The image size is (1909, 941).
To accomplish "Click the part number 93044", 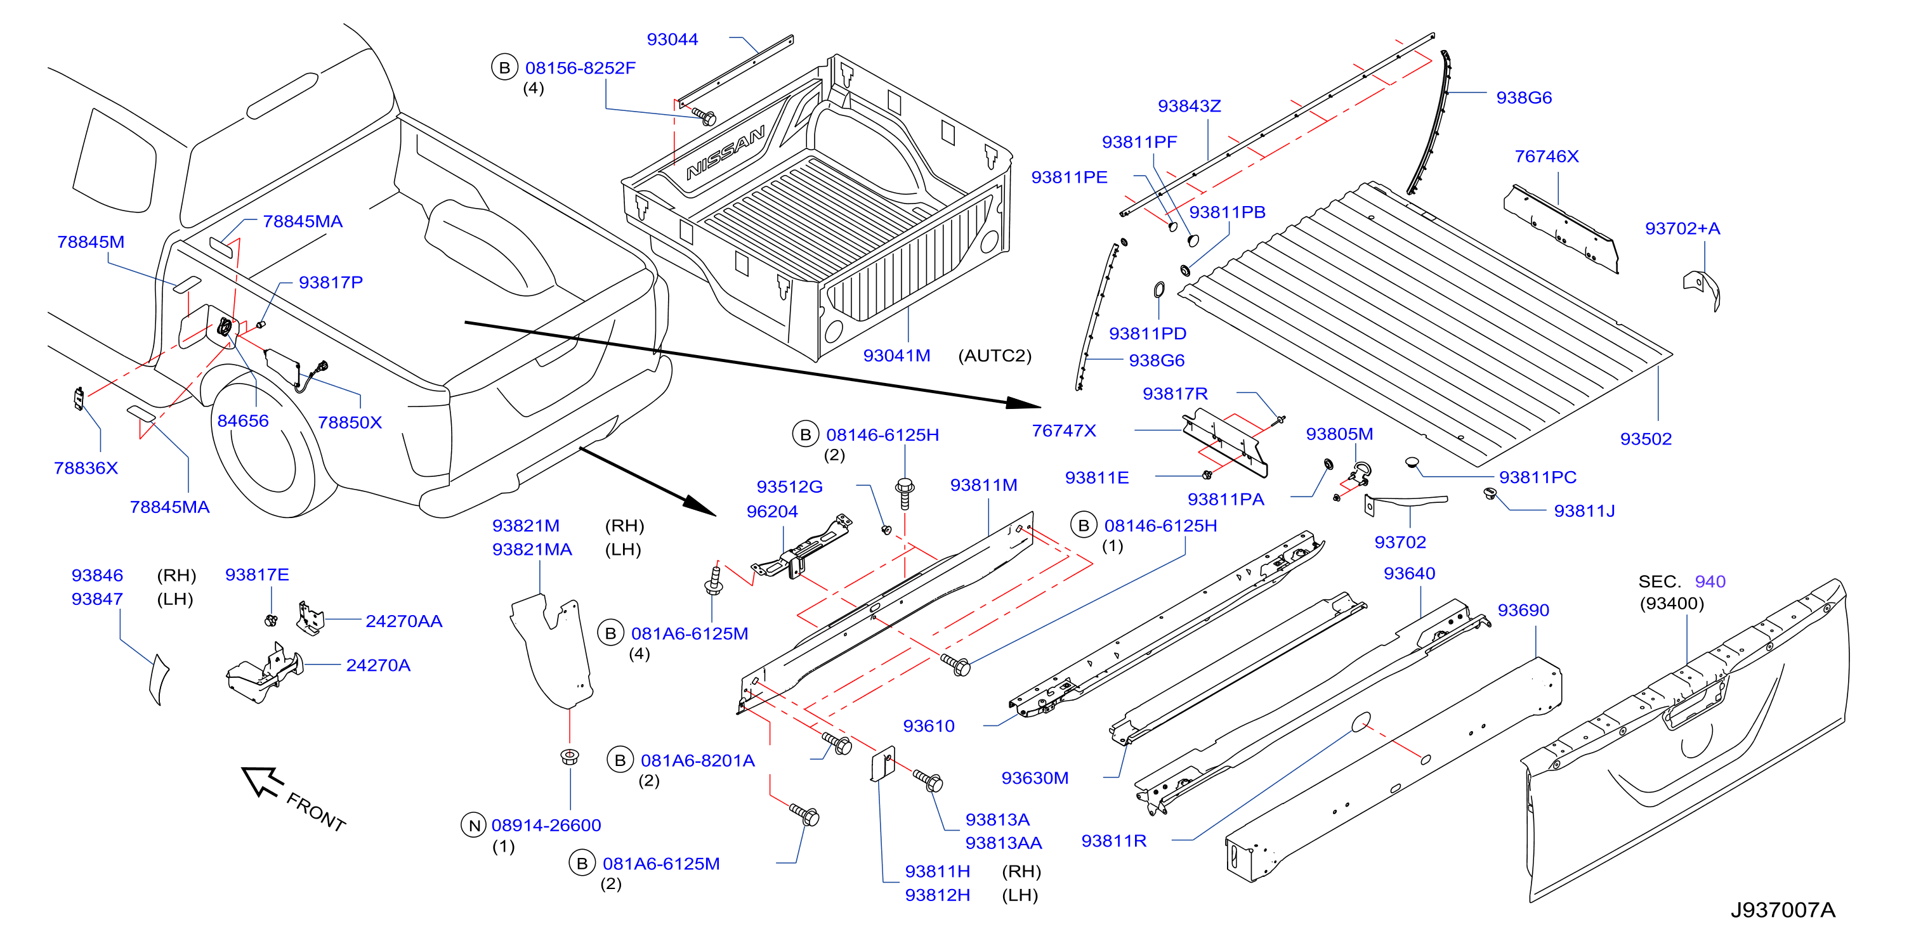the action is tap(672, 39).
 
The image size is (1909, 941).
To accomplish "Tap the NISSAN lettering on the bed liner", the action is tap(726, 153).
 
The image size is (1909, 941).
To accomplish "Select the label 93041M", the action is tap(896, 356).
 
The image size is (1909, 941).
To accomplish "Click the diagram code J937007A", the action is tap(1782, 910).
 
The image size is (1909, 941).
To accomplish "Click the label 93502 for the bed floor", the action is tap(1646, 439).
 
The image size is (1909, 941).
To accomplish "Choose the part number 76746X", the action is tap(1547, 157).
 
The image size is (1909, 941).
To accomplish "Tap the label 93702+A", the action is tap(1683, 228).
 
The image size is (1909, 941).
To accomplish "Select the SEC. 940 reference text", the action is tap(1681, 581).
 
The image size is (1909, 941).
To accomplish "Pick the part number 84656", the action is tap(243, 421).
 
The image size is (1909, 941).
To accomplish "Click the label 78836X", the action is tap(86, 468).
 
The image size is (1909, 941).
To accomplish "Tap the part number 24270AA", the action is tap(404, 621).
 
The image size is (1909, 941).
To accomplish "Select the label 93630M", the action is tap(1035, 778).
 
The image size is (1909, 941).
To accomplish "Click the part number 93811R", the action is tap(1114, 841).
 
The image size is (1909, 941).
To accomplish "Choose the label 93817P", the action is tap(331, 282).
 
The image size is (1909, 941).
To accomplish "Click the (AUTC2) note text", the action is tap(995, 356).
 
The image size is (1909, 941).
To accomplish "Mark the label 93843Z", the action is tap(1190, 106).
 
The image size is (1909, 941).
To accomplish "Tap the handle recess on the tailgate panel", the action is tap(1697, 704).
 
